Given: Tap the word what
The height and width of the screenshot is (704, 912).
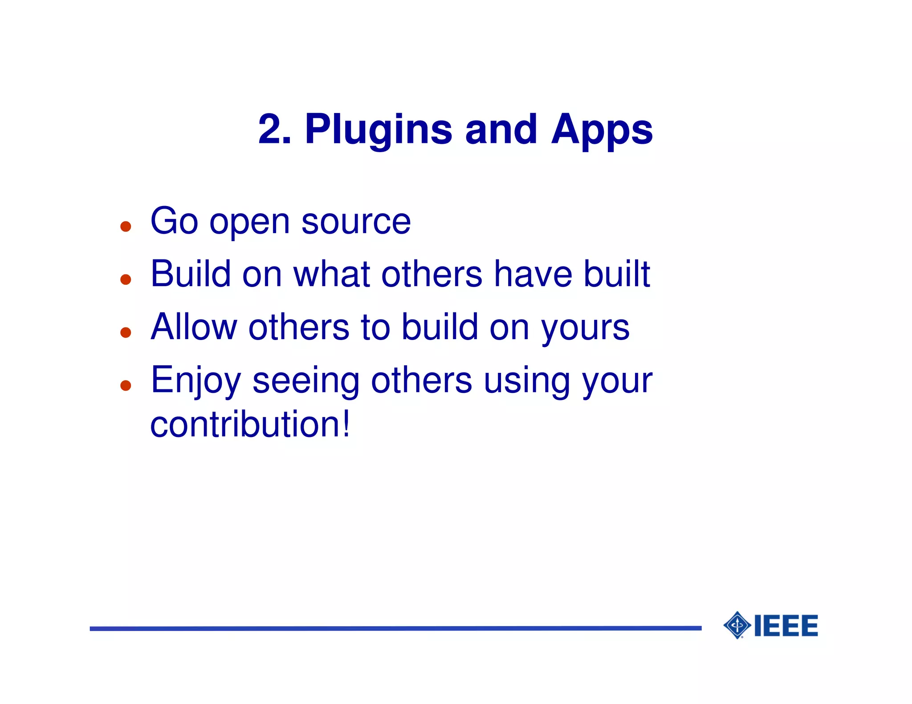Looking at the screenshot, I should pos(332,274).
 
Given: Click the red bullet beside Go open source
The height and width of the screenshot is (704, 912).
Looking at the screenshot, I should pos(126,227).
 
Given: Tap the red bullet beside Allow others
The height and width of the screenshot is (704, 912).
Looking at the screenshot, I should pos(126,332).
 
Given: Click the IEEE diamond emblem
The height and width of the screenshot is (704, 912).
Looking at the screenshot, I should pos(737,625).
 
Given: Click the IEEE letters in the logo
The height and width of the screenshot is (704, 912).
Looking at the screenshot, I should pos(786,626).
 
